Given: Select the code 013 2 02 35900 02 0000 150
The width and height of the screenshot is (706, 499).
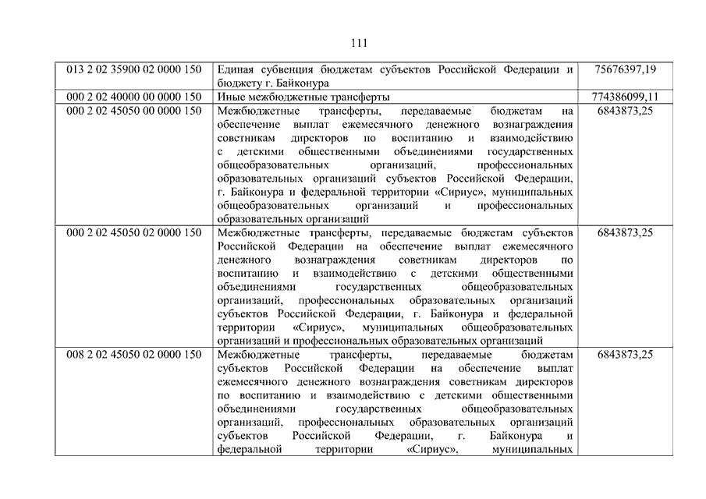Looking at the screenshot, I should [x=133, y=69].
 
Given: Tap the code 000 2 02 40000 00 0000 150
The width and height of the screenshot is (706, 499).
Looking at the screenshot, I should [x=133, y=97].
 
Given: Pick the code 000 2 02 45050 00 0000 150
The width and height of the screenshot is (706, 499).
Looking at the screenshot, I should [x=133, y=111].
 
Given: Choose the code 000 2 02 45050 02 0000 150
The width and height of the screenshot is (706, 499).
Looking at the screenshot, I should [x=133, y=232].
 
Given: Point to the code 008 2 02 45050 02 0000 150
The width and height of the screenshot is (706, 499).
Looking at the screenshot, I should [x=133, y=354].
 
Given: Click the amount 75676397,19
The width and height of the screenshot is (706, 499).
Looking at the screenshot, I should [x=625, y=69].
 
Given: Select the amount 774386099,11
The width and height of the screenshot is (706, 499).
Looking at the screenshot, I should [x=625, y=97].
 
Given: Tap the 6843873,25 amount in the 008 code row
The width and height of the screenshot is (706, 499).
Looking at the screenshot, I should [x=625, y=354].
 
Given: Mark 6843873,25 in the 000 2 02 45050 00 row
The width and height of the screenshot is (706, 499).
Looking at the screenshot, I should [x=625, y=111].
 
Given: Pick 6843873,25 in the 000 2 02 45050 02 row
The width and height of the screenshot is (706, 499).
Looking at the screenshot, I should [x=625, y=232].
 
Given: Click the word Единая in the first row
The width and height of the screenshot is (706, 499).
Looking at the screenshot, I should [x=236, y=69].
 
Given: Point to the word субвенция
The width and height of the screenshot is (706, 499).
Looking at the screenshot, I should [x=290, y=69].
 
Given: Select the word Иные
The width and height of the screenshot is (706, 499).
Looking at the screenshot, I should [x=232, y=97].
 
